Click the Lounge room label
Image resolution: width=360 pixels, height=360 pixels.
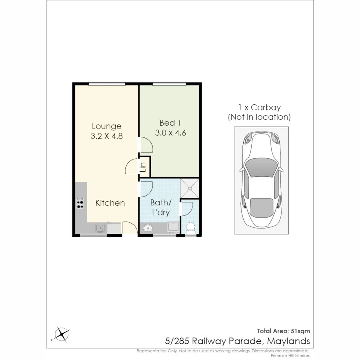106,126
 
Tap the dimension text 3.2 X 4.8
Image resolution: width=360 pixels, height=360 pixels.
106,136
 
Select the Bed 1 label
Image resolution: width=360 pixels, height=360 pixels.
170,122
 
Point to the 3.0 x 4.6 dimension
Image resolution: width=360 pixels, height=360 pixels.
170,132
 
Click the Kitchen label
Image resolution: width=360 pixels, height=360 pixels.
110,203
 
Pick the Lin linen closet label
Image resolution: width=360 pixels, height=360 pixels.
143,167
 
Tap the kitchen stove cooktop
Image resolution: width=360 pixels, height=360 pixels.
80,203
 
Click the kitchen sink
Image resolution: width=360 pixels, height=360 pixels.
101,228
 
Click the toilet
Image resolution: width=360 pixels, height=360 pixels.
191,228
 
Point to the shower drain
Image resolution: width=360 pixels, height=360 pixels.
190,188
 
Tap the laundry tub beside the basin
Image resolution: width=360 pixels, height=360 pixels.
173,227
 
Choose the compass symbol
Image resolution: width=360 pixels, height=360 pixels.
62,333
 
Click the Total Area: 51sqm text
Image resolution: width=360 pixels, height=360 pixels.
283,331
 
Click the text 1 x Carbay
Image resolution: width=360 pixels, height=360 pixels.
259,108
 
